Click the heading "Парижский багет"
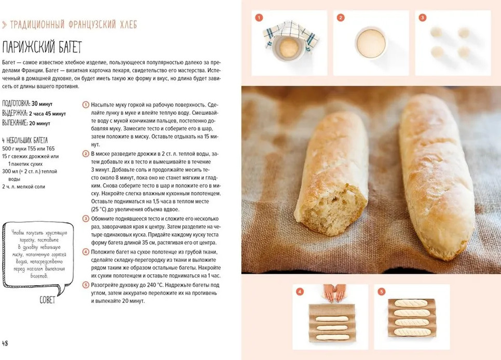pyautogui.click(x=42, y=47)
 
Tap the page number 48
pyautogui.click(x=5, y=343)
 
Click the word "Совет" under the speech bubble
pyautogui.click(x=47, y=300)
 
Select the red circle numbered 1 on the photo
pyautogui.click(x=259, y=18)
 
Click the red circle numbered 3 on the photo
pyautogui.click(x=423, y=18)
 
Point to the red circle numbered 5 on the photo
pyautogui.click(x=381, y=291)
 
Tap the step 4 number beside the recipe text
pyautogui.click(x=86, y=252)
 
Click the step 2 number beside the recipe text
pyautogui.click(x=86, y=154)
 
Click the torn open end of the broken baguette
pyautogui.click(x=331, y=208)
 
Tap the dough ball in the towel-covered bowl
pyautogui.click(x=289, y=48)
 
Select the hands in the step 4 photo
pyautogui.click(x=334, y=292)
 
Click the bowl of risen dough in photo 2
pyautogui.click(x=371, y=43)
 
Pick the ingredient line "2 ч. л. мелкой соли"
pyautogui.click(x=24, y=186)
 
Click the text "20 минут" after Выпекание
pyautogui.click(x=39, y=124)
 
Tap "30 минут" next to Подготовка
pyautogui.click(x=42, y=104)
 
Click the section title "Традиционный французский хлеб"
pyautogui.click(x=74, y=24)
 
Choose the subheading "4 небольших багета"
pyautogui.click(x=24, y=140)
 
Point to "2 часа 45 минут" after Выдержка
pyautogui.click(x=47, y=114)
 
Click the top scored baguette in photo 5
pyautogui.click(x=411, y=303)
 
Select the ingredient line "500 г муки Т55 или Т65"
pyautogui.click(x=29, y=149)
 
